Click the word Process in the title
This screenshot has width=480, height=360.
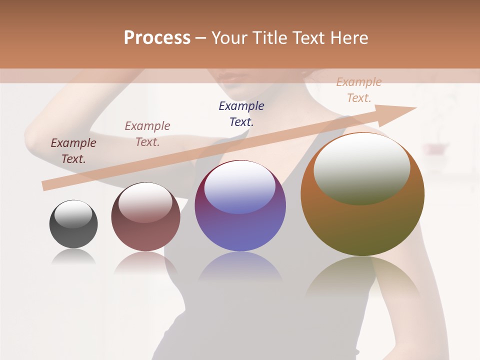point(157,37)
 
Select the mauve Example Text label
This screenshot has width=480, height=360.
point(147,134)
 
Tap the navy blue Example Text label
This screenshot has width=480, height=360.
point(241,113)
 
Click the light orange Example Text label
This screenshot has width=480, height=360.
point(359,90)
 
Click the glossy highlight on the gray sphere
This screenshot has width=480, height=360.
point(73,214)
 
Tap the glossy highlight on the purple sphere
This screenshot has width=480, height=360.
point(240,187)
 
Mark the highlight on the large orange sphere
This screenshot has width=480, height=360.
point(362,167)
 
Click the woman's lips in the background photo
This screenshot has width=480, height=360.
point(230,77)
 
